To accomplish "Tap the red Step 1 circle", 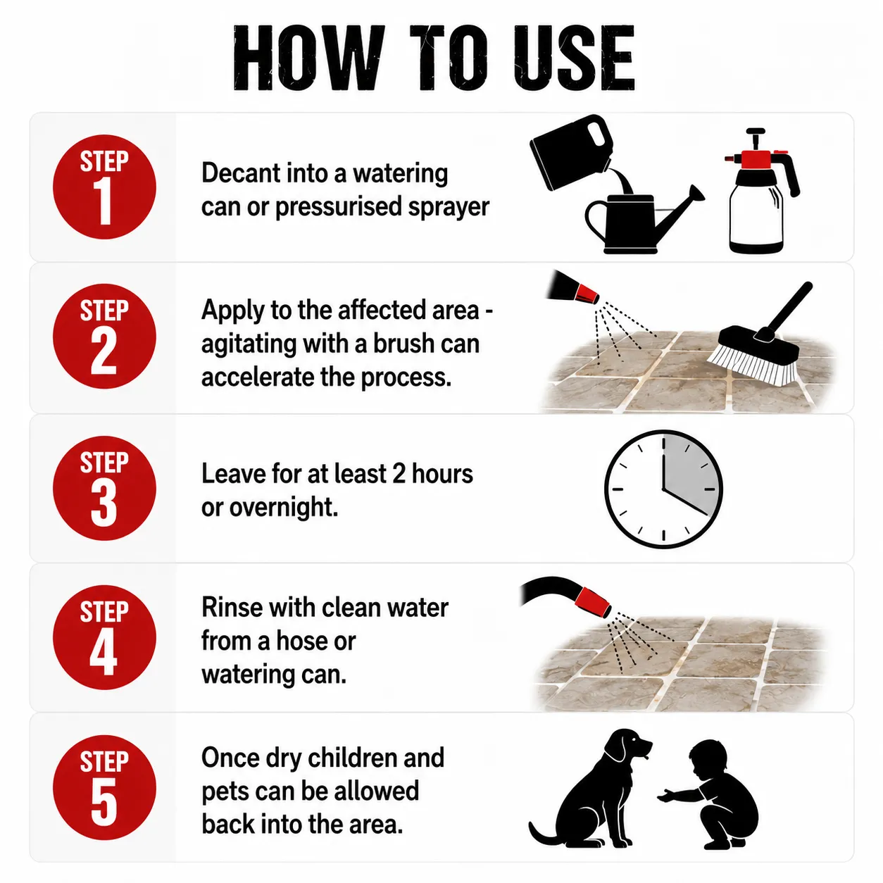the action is [x=104, y=187].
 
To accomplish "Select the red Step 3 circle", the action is [x=104, y=489].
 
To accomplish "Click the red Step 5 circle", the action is [x=104, y=788].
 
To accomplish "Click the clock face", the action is [x=663, y=489].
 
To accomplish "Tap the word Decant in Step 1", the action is [x=241, y=173].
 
